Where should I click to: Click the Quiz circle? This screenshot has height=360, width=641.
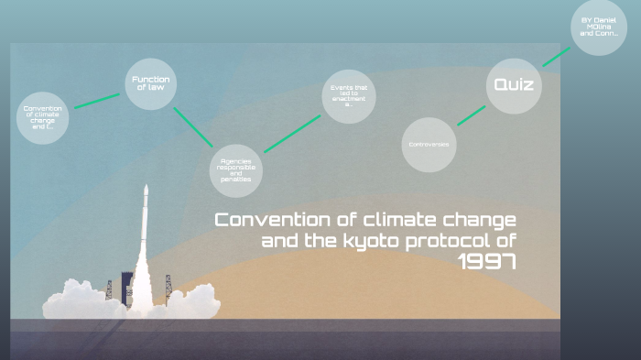pyautogui.click(x=513, y=85)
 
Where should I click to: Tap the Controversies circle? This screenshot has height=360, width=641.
pyautogui.click(x=429, y=145)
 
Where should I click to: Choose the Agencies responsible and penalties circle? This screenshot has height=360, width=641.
pyautogui.click(x=235, y=170)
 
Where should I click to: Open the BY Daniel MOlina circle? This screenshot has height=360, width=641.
pyautogui.click(x=599, y=28)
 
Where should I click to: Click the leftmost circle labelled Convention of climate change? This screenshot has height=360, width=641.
pyautogui.click(x=42, y=118)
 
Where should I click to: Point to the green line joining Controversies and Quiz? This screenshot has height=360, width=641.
pyautogui.click(x=471, y=115)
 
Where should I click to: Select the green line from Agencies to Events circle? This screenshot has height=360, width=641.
pyautogui.click(x=293, y=133)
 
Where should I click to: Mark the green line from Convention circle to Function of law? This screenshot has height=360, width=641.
pyautogui.click(x=96, y=100)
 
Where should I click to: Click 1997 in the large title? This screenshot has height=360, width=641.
pyautogui.click(x=487, y=262)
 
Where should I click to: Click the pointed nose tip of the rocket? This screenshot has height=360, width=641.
pyautogui.click(x=146, y=187)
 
